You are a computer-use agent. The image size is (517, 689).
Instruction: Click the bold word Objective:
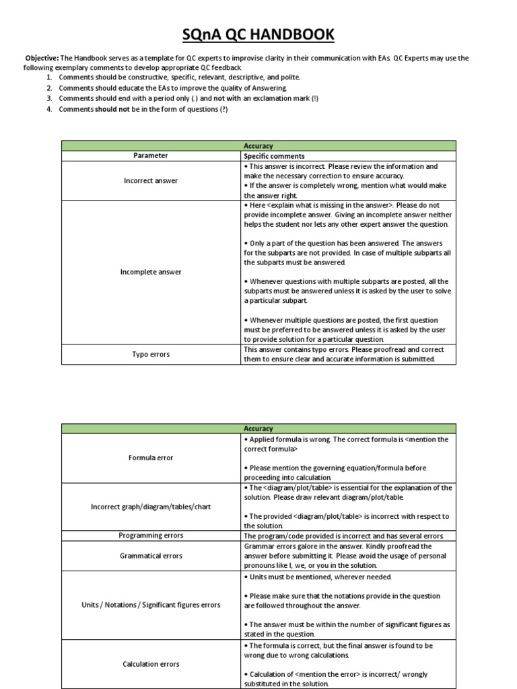pyautogui.click(x=42, y=59)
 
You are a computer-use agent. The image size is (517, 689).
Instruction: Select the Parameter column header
pyautogui.click(x=151, y=155)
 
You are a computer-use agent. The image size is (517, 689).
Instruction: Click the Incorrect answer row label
pyautogui.click(x=151, y=181)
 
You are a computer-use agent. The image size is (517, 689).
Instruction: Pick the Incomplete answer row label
pyautogui.click(x=151, y=272)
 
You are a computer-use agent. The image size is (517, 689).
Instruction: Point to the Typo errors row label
pyautogui.click(x=151, y=354)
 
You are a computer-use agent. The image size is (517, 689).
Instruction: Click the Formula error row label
pyautogui.click(x=151, y=458)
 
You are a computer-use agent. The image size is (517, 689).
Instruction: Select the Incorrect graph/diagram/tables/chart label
pyautogui.click(x=151, y=507)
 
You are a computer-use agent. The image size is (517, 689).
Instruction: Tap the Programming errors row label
pyautogui.click(x=151, y=536)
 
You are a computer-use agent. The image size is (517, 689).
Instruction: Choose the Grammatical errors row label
pyautogui.click(x=151, y=556)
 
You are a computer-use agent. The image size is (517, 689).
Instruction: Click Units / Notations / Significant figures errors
pyautogui.click(x=151, y=605)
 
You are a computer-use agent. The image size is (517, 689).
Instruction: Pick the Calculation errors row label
pyautogui.click(x=151, y=664)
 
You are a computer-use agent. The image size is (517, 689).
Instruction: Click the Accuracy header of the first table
pyautogui.click(x=258, y=145)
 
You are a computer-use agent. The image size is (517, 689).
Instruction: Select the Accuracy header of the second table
pyautogui.click(x=258, y=429)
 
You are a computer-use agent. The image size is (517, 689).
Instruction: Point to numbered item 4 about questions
pyautogui.click(x=143, y=110)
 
